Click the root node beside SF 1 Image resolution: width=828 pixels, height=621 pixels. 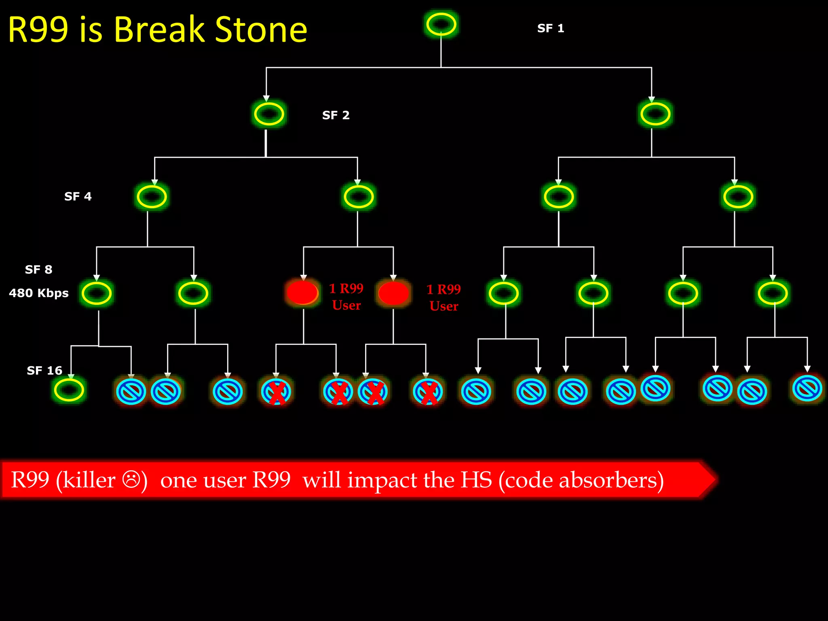click(441, 24)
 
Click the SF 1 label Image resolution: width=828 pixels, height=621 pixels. click(550, 28)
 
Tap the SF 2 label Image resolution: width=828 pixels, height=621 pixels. click(336, 115)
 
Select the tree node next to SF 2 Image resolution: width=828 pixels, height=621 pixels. click(269, 114)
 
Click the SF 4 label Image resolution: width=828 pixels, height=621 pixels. click(78, 196)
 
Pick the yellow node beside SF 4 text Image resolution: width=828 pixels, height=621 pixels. click(152, 197)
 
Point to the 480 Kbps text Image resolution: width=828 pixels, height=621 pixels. click(39, 293)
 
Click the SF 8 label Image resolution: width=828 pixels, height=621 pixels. click(38, 270)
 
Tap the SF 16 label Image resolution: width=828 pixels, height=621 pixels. click(44, 371)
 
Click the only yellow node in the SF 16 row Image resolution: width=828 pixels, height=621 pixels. click(69, 390)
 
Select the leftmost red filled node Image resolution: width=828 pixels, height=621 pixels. click(302, 292)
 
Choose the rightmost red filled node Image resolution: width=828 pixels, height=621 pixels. click(393, 293)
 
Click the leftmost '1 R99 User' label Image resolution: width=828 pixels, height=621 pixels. click(346, 297)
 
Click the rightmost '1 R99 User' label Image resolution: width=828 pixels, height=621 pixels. click(444, 298)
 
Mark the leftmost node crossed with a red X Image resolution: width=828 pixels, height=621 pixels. click(276, 391)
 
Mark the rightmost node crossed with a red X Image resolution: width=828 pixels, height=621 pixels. click(428, 391)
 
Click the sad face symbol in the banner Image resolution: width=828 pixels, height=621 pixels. click(131, 479)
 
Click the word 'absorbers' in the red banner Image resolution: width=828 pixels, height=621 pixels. click(610, 480)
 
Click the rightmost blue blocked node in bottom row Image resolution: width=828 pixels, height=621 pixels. click(807, 388)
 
